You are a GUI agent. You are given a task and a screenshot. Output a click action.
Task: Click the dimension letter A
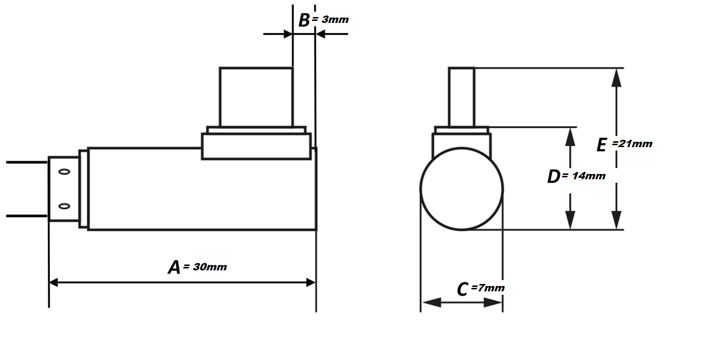click(x=174, y=267)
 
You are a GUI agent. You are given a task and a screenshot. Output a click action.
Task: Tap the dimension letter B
click(x=304, y=20)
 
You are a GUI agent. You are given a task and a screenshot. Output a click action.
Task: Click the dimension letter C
click(x=462, y=289)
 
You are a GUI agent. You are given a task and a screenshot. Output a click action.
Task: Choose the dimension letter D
click(x=553, y=177)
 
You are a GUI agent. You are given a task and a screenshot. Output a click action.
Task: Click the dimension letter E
click(x=602, y=145)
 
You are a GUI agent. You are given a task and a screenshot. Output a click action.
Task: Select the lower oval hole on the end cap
click(x=64, y=206)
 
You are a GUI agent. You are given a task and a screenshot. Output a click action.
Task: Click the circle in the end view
click(x=462, y=189)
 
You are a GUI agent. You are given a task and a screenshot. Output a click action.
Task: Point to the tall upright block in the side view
click(x=256, y=97)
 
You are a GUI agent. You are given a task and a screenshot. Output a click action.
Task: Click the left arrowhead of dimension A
click(x=54, y=282)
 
